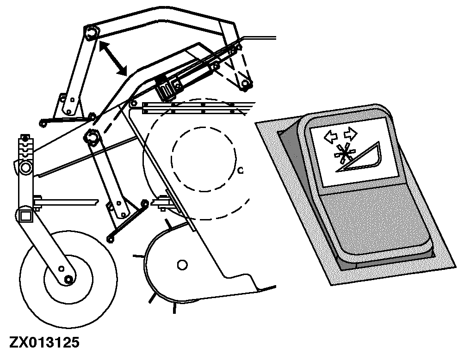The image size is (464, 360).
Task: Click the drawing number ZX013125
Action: [44, 342]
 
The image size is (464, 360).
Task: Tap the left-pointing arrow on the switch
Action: [330, 136]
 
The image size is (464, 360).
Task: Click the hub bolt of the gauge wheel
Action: [68, 279]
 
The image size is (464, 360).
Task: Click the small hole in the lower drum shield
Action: [182, 264]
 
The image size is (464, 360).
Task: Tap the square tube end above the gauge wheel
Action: [26, 214]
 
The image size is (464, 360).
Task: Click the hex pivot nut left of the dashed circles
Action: [90, 136]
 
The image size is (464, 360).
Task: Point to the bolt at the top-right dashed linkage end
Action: [246, 84]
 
